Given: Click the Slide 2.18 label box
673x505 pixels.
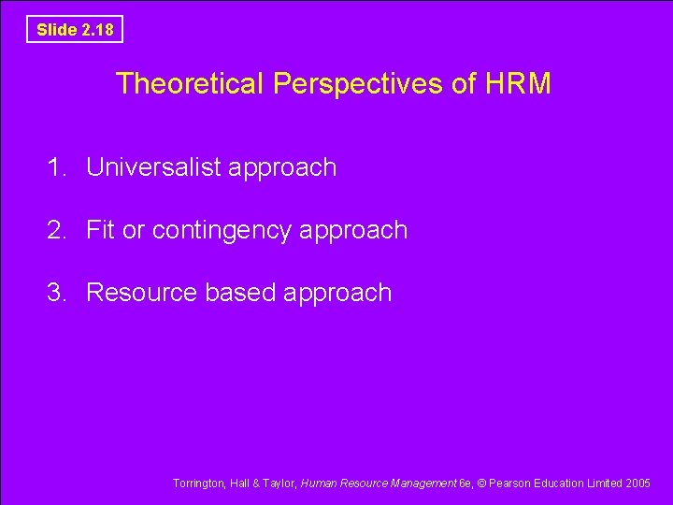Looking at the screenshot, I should [75, 29].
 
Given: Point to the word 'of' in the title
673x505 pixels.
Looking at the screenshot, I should [465, 84].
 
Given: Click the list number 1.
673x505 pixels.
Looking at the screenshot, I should [57, 167].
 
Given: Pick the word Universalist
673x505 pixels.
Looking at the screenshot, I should [153, 167].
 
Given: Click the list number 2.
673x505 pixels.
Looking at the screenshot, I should [57, 230].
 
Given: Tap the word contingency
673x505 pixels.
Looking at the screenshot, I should [228, 231].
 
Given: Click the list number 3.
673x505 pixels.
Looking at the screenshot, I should [57, 293].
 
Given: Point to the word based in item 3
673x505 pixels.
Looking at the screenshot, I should [240, 293].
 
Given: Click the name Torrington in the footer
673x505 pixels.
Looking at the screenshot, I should [198, 483].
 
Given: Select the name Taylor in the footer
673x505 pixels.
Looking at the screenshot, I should [277, 483].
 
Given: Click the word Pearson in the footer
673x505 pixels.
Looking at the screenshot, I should [509, 483].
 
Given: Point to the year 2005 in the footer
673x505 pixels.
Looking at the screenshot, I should [637, 483].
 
